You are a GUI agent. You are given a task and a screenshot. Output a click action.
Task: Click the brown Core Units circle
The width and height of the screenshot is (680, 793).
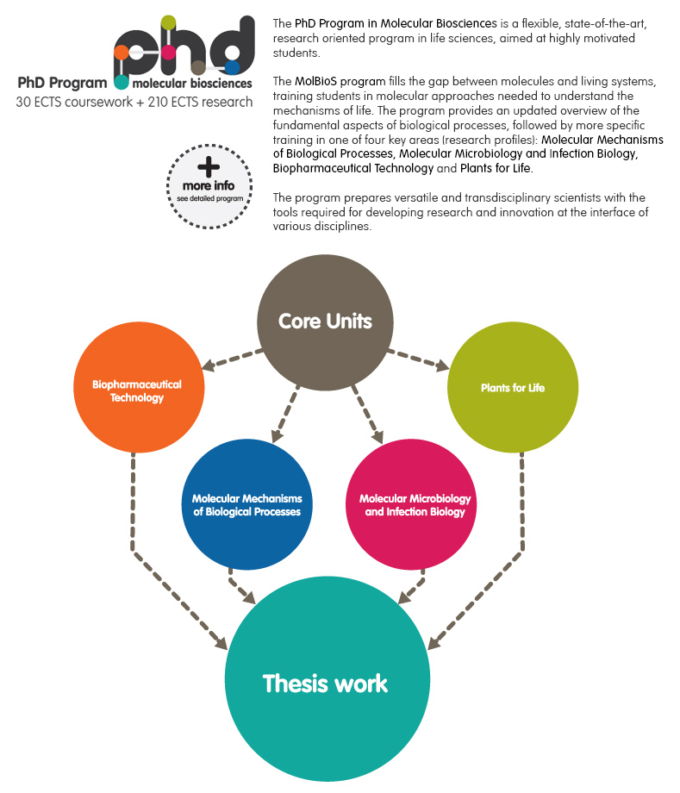pos(325,322)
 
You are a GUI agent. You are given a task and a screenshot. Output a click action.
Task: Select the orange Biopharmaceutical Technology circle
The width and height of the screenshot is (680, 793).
pos(139,387)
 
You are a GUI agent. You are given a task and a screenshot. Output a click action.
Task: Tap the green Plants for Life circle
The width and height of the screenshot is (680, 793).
pos(513,387)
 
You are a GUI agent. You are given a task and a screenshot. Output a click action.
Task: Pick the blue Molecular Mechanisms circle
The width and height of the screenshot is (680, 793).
pos(246,504)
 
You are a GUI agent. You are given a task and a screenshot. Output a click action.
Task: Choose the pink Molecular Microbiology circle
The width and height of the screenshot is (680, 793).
pos(410,504)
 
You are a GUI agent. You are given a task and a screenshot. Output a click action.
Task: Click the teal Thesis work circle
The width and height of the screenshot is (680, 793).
pos(328,678)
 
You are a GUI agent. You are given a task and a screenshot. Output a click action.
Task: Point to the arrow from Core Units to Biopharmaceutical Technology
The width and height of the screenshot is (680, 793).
pos(232,359)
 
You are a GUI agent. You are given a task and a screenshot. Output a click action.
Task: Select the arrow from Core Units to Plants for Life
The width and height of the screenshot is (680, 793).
pos(419,359)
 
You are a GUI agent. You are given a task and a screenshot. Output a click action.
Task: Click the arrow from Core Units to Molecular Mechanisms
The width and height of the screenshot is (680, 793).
pos(285,414)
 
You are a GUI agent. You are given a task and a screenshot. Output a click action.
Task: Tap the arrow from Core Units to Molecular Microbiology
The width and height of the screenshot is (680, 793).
pos(367,415)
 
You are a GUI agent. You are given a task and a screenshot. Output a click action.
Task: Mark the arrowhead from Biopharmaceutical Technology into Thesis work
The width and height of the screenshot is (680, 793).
pos(221,643)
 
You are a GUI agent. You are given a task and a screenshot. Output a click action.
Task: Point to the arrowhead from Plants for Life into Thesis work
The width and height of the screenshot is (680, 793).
pos(434,643)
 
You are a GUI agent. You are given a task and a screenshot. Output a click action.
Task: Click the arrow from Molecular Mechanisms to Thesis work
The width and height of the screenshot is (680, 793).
pos(240,586)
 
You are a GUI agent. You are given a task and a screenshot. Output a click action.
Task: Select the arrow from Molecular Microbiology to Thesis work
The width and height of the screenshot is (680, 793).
pos(412,586)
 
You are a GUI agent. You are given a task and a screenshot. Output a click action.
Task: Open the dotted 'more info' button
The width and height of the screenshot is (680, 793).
pos(209,187)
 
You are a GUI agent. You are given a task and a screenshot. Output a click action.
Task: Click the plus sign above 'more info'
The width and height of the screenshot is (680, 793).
pos(209,166)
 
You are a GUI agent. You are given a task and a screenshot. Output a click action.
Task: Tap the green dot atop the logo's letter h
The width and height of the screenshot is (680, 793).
pos(168,22)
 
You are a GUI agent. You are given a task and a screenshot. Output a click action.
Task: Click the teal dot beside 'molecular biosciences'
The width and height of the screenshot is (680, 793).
pos(122,82)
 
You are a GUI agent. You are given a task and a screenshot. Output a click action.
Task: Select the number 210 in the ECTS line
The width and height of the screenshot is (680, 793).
pos(158,102)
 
